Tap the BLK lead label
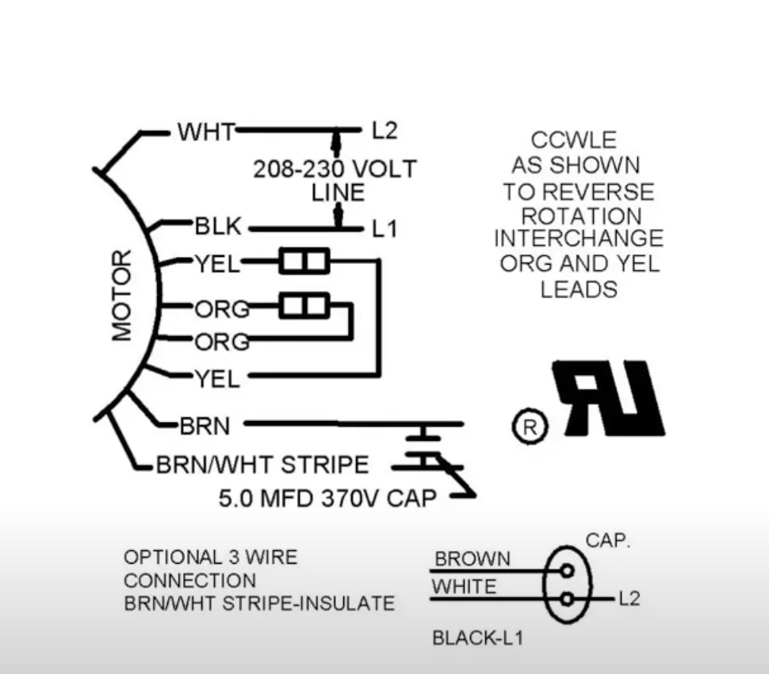coord(217,227)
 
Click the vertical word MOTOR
coord(122,295)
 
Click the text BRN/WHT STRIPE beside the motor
coord(262,465)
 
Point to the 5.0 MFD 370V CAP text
coord(327,499)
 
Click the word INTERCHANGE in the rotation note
coord(578,239)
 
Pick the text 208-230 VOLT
coord(334,169)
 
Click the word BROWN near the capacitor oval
coord(472,559)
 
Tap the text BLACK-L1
coord(477,638)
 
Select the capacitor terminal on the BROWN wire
coord(566,571)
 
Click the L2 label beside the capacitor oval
coord(628,599)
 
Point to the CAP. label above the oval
coord(607,541)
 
